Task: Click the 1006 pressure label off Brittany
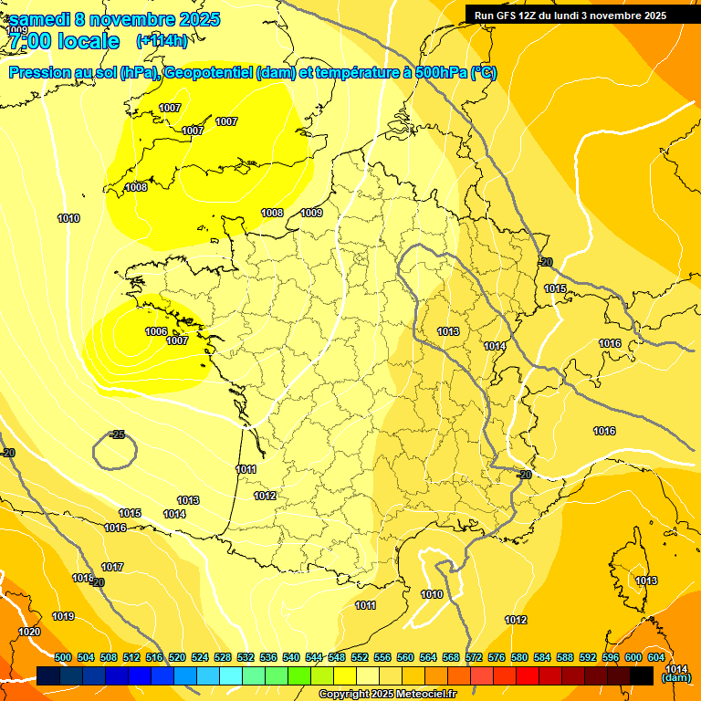click(156, 331)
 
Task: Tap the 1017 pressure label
click(112, 567)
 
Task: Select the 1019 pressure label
click(63, 616)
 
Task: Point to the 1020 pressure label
click(29, 632)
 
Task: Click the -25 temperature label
click(116, 434)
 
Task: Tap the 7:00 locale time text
click(64, 41)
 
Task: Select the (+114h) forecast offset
click(162, 41)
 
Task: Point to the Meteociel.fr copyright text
click(387, 694)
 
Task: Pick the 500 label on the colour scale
click(63, 657)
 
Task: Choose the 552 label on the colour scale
click(360, 657)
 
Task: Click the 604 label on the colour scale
click(656, 657)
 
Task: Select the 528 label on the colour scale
click(223, 657)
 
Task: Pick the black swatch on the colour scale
click(642, 675)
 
